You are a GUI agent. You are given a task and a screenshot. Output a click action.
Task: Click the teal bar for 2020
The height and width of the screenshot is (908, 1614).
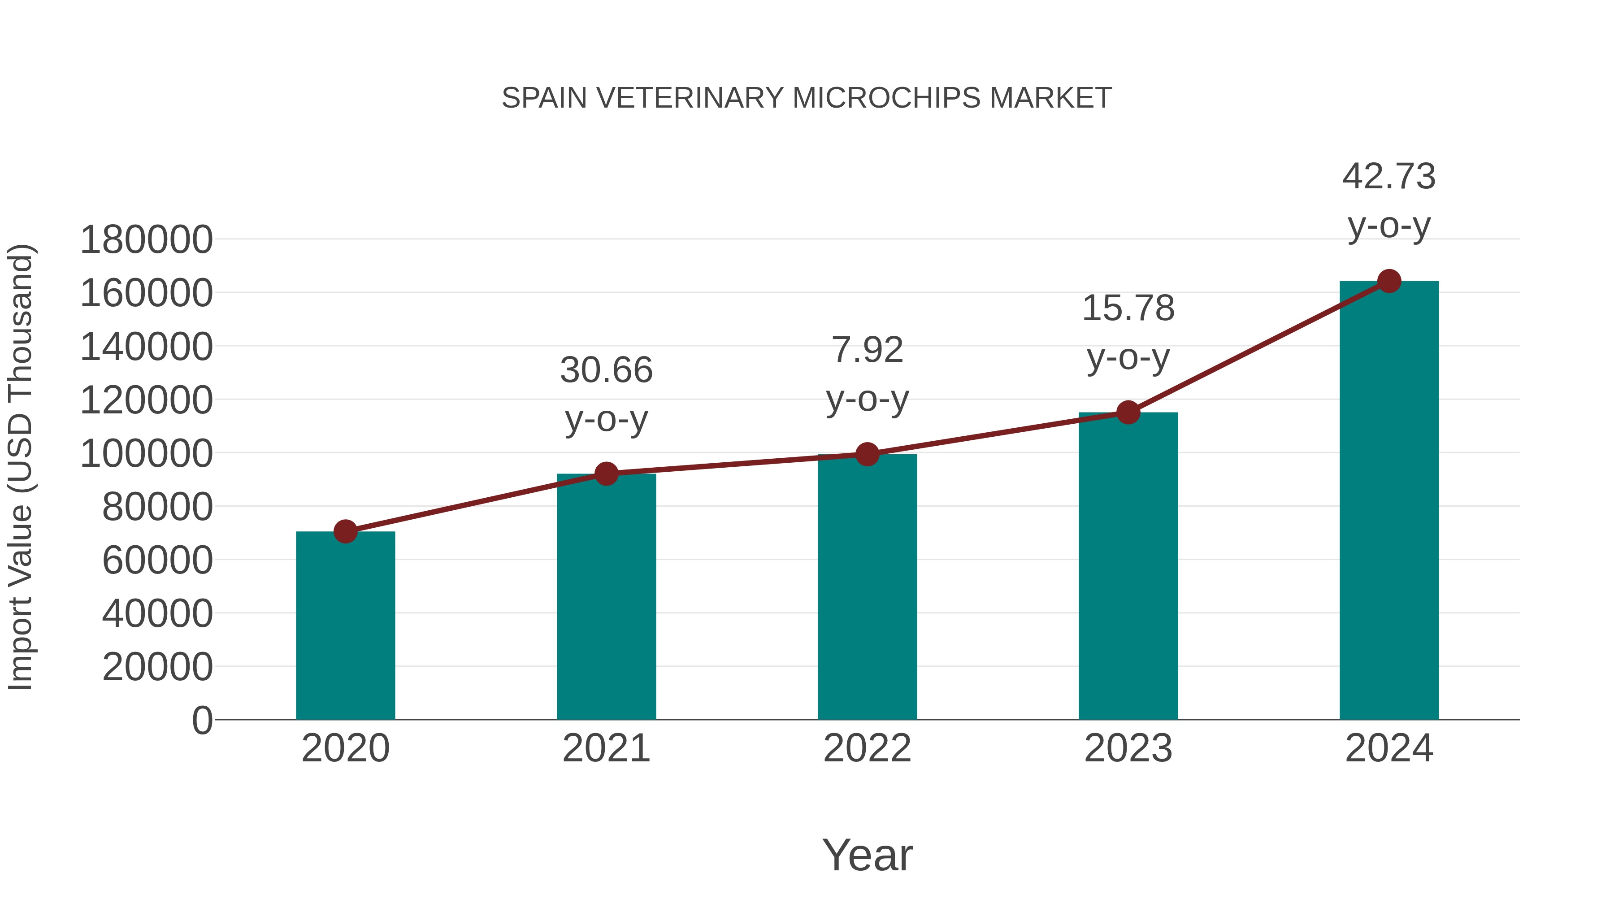click(x=345, y=627)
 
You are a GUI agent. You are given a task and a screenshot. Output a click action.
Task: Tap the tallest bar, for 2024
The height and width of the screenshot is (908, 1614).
click(x=1389, y=501)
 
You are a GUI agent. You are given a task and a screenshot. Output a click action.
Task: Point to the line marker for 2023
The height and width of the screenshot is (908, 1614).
click(x=1128, y=413)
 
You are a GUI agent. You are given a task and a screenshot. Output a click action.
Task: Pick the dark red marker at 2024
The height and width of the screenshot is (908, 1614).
click(x=1389, y=281)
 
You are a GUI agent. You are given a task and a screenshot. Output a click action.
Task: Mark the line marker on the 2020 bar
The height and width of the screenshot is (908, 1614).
click(x=345, y=531)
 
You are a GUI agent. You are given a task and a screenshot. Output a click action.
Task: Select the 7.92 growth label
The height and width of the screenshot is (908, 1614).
click(x=867, y=350)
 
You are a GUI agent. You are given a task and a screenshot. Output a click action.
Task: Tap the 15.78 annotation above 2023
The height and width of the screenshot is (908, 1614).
click(x=1128, y=308)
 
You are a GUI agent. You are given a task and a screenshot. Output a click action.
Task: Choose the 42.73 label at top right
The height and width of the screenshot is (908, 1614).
click(x=1389, y=176)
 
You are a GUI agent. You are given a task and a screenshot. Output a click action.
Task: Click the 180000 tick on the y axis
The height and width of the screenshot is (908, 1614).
click(x=147, y=240)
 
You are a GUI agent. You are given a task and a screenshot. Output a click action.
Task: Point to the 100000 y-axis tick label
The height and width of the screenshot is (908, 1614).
click(x=147, y=454)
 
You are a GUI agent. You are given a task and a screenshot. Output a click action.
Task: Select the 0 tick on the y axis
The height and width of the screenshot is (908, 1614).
click(x=202, y=721)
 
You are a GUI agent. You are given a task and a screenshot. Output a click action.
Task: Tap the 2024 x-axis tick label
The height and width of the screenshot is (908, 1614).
click(x=1389, y=748)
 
